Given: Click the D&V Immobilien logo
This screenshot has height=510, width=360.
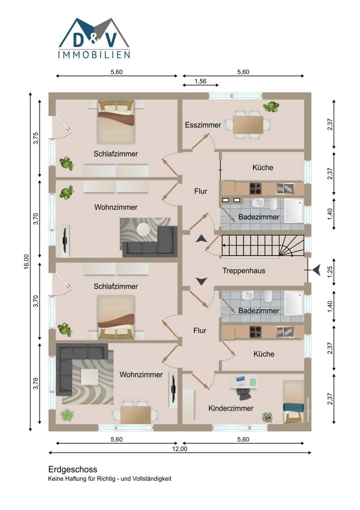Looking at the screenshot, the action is coord(94,38).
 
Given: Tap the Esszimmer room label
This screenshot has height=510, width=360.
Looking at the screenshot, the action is coord(203,125).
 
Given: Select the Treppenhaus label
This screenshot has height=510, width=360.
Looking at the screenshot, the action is coord(244,271).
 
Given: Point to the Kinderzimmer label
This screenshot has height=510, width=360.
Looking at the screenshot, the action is coord(231,408).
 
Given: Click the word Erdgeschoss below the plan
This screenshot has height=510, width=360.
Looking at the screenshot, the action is coord(73,469).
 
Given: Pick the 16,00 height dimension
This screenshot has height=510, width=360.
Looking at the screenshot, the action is coord(27,262).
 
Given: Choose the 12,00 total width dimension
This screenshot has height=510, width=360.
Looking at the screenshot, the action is coord(180,449).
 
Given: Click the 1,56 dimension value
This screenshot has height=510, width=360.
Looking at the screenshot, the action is coord(200,81).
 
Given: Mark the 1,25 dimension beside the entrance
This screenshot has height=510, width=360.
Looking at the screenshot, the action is coord(330,272).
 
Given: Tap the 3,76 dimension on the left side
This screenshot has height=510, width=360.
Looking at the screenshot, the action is coord(36,384).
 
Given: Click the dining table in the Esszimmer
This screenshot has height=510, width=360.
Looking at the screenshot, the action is coord(248,125).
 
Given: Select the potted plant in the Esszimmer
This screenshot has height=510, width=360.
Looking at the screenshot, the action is coord(271,107).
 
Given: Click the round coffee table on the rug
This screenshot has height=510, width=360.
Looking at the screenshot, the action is coord(143,229).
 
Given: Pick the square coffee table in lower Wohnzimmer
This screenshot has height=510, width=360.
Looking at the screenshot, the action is coord(90,377).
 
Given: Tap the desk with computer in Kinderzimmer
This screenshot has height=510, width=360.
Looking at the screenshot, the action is coord(244,381).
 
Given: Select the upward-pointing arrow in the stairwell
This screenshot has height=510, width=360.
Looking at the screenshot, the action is coord(201,239).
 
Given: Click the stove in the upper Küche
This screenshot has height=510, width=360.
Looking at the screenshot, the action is coord(255,188).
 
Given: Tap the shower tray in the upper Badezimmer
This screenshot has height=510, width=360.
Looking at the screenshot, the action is coord(294,211).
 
